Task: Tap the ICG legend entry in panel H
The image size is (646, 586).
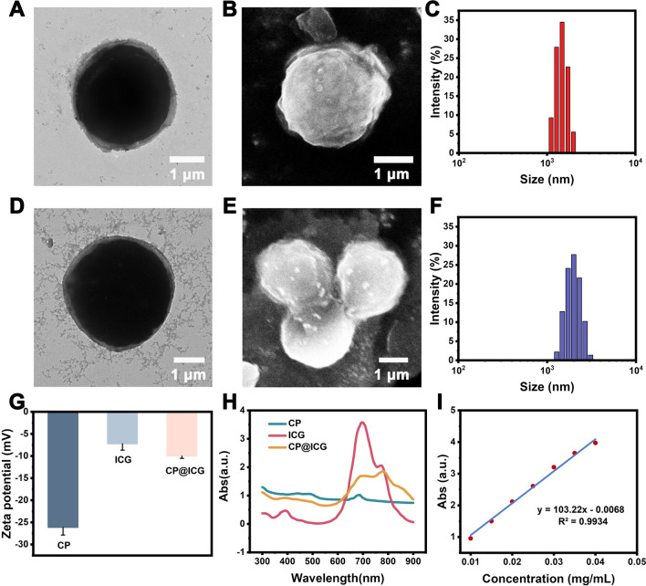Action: click(x=313, y=434)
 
